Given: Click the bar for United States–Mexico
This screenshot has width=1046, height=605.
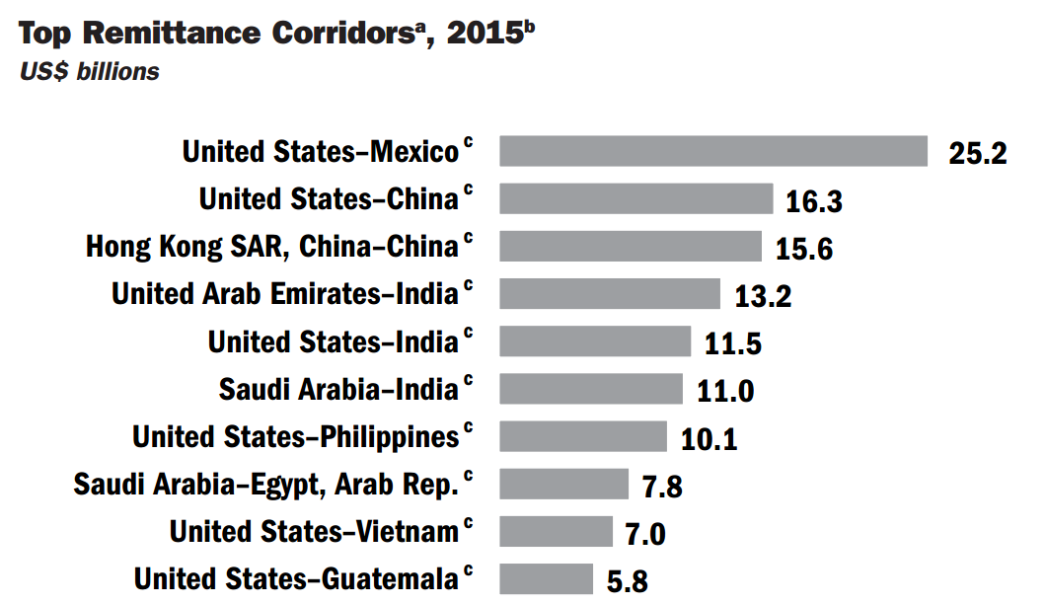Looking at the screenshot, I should point(713,151).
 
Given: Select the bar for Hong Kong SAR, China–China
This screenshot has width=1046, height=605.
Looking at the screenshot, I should point(631,246).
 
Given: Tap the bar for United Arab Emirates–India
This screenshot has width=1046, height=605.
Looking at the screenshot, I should point(610,293).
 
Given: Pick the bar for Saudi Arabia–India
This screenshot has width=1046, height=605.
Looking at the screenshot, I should point(591,388).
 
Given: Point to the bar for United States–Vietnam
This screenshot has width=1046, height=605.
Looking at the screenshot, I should point(556,531).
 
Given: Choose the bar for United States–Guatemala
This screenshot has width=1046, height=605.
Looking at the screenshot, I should point(546,578).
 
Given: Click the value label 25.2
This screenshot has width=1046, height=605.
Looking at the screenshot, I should point(977,154).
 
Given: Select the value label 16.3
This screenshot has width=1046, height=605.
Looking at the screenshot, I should point(814,201).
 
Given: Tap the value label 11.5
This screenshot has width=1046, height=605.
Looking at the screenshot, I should point(732,344).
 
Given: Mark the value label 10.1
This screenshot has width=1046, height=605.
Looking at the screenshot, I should point(709,439).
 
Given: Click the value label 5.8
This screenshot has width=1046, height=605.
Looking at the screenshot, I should point(627,582).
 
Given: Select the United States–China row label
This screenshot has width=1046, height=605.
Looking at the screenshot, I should point(329,198).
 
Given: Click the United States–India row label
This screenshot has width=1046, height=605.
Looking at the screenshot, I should point(333,341).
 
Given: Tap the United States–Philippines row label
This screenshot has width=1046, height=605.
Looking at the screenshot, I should point(295,436).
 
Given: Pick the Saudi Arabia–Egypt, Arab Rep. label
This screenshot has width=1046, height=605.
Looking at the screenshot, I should point(266,484).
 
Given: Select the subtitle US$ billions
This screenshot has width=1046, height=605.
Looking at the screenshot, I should point(89,72).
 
